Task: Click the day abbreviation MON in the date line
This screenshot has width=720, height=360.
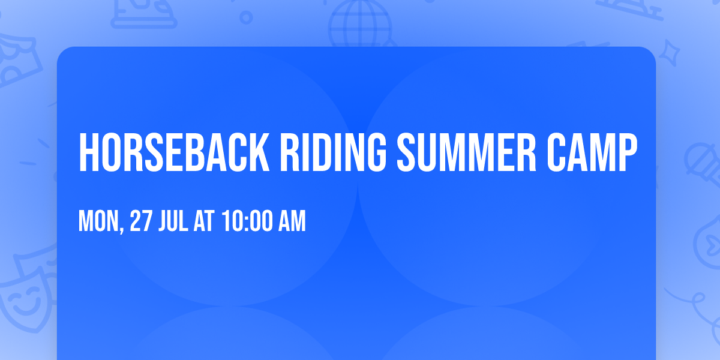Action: pos(99,221)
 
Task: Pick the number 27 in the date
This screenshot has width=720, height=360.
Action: pos(140,221)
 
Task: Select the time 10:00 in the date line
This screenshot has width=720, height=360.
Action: pos(247,221)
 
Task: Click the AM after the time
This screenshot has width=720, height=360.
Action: pos(292,221)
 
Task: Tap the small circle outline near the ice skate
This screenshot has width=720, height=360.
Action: pos(246,17)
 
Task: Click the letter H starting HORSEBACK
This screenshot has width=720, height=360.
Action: pos(88,154)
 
